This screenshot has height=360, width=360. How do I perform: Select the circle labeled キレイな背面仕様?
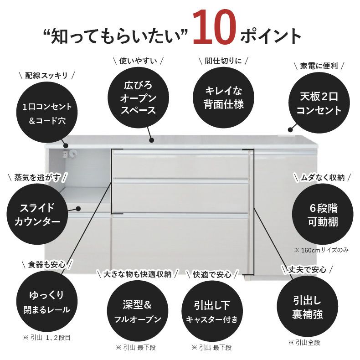coord(223,97)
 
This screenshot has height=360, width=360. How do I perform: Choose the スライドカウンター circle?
coord(37,215)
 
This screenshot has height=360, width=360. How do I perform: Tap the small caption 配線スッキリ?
coord(47,75)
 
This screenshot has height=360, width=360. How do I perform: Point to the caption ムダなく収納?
coord(322,177)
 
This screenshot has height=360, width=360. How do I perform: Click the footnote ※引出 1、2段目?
coord(46,338)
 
